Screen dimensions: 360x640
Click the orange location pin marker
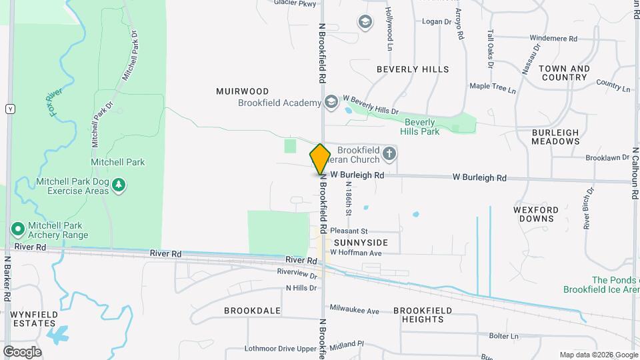pos(320,159)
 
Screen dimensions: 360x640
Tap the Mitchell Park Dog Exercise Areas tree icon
pos(119,185)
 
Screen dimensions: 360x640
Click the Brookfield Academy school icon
pos(331,102)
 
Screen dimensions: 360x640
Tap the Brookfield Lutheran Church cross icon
pos(390,155)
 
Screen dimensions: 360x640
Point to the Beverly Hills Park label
pos(419,127)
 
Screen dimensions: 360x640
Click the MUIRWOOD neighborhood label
pos(242,91)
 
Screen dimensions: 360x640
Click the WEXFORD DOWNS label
pos(535,214)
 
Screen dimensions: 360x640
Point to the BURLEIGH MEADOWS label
pos(555,137)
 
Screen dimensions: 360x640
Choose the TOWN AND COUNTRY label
pos(563,73)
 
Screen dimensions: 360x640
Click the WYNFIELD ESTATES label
pos(33,318)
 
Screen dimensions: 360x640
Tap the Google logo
pos(22,351)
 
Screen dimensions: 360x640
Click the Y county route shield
pos(10,109)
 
